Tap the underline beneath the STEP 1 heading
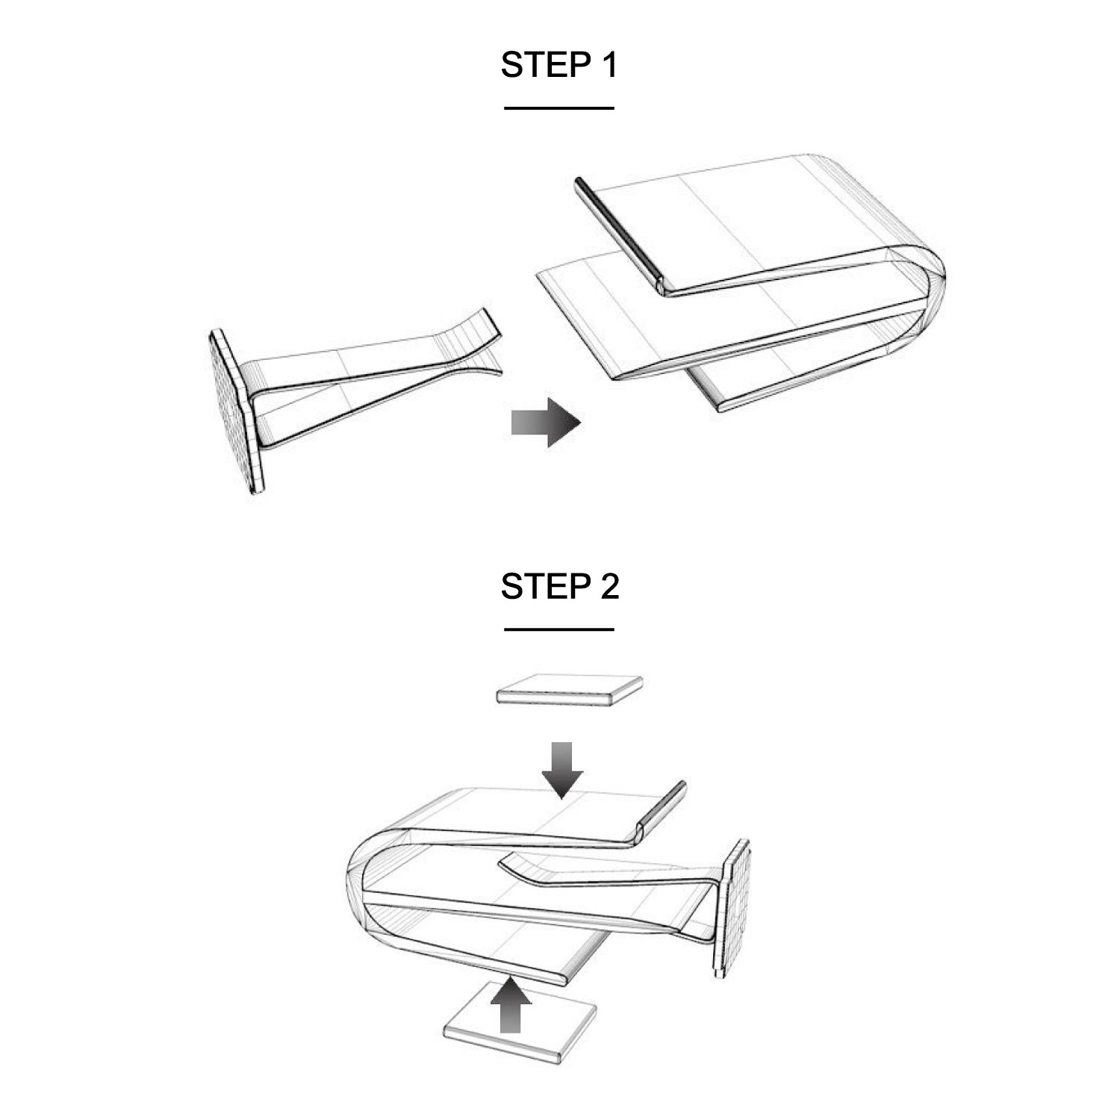(x=559, y=108)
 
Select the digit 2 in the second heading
(x=609, y=586)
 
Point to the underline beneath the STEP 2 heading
(x=559, y=629)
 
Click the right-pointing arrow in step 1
(x=546, y=423)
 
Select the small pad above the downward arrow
(x=570, y=689)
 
